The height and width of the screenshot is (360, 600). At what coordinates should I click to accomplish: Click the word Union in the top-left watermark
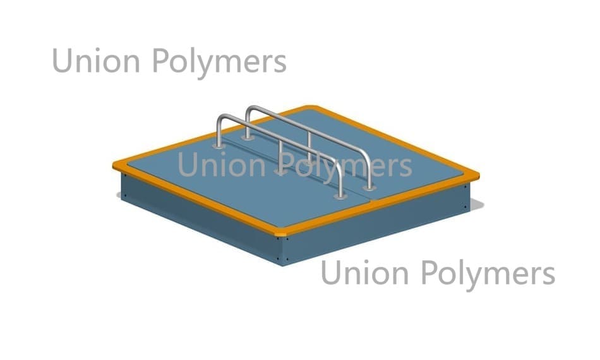pos(96,60)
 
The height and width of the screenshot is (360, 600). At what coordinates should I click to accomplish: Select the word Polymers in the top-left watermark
pos(220,63)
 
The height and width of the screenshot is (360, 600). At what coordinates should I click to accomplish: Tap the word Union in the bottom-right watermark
pos(365,272)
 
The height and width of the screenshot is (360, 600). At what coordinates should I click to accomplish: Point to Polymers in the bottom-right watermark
pos(488,275)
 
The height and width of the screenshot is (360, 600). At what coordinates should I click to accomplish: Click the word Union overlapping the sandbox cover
pos(222,164)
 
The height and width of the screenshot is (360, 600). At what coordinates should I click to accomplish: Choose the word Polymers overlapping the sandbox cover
pos(345,166)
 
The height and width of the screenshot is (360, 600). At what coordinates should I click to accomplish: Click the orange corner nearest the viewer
pos(280,233)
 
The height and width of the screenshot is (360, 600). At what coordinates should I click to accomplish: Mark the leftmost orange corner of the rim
pos(117,165)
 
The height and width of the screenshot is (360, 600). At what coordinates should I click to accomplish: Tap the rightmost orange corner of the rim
pos(476,176)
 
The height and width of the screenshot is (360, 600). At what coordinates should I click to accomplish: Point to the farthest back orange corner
pos(311,108)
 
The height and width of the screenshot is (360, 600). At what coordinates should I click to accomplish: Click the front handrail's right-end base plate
pos(340,196)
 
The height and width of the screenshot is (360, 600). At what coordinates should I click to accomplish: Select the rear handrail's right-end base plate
pos(369,188)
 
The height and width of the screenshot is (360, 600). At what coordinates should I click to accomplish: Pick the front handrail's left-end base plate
pos(219,146)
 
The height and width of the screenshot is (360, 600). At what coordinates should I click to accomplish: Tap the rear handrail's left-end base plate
pos(248,137)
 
